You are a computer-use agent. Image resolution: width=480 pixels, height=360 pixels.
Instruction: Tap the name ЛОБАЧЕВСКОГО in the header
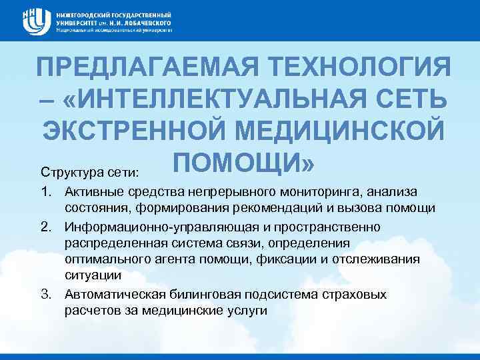tap(143, 22)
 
